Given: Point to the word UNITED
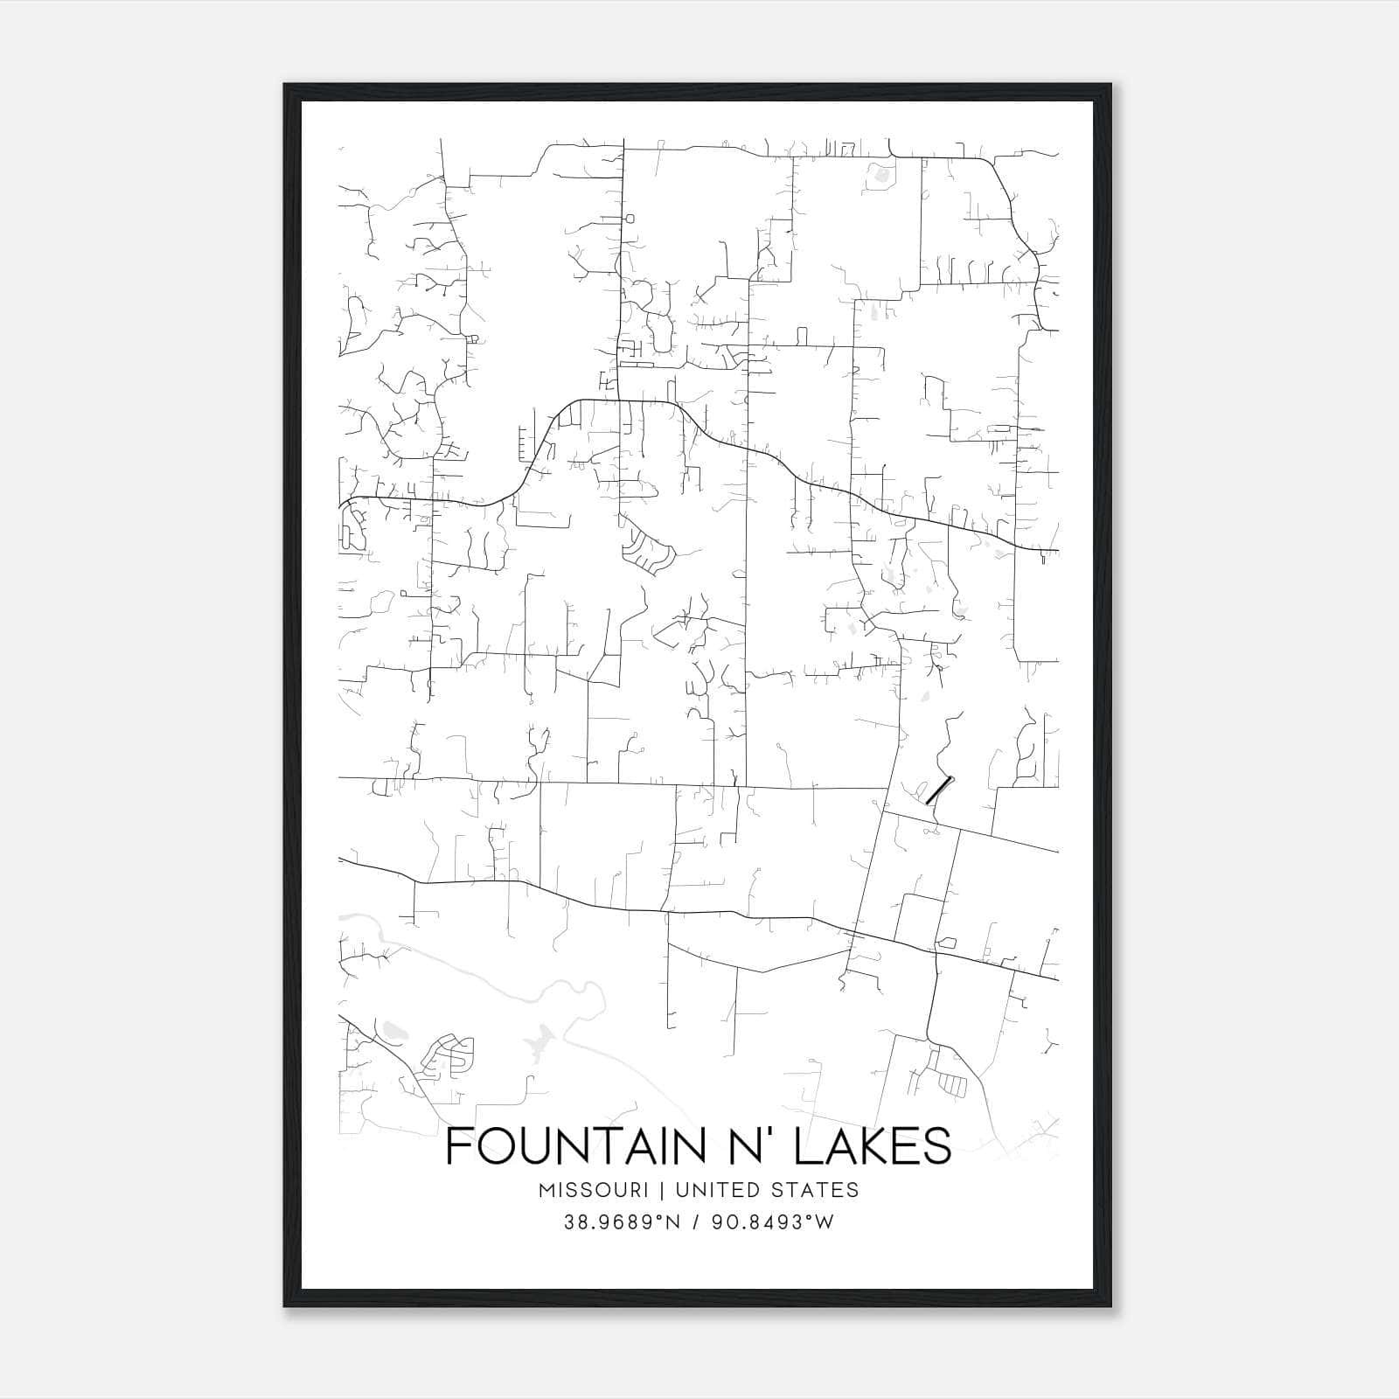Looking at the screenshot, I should [x=708, y=1190].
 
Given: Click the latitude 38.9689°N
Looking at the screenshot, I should [x=623, y=1222].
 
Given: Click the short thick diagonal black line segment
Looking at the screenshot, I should [x=937, y=790].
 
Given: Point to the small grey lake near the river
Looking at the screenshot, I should [x=542, y=1041].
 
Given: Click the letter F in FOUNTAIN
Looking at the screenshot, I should [x=456, y=1146].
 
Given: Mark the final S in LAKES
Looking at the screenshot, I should [x=939, y=1146].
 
